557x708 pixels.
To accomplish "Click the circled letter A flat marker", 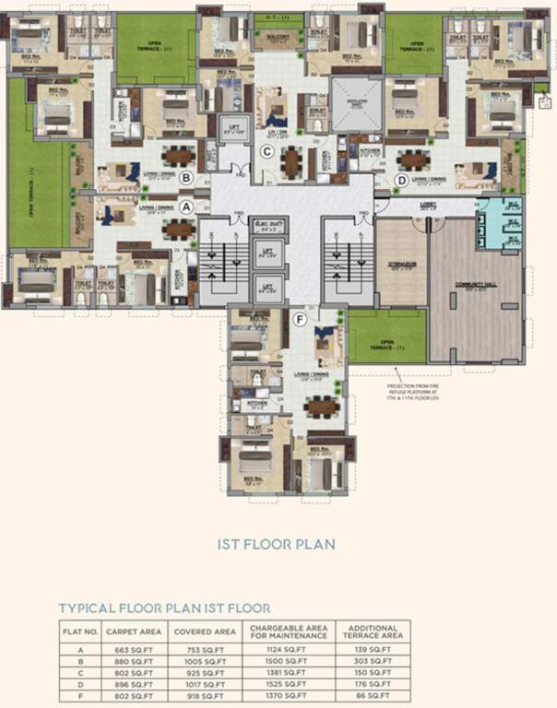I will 188,206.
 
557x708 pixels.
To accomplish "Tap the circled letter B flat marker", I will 186,177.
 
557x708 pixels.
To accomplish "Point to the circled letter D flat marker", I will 401,179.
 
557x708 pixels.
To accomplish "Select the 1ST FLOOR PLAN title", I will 277,544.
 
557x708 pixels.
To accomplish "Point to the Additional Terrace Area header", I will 373,631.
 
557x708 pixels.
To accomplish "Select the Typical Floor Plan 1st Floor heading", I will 164,608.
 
